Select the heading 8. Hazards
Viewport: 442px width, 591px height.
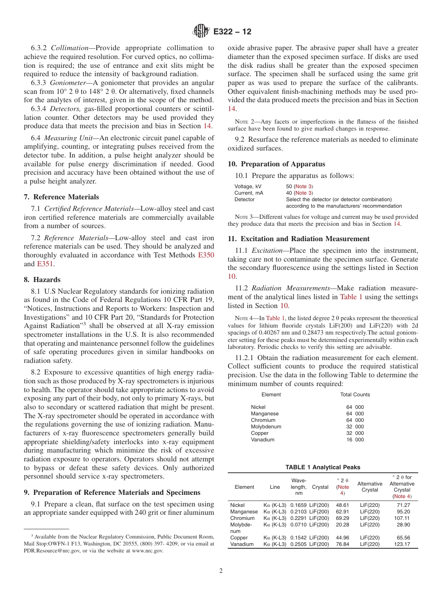pyautogui.click(x=47, y=280)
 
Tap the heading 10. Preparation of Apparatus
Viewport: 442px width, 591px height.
pyautogui.click(x=276, y=164)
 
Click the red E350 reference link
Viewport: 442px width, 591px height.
pyautogui.click(x=206, y=255)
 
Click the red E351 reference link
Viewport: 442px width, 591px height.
pyautogui.click(x=45, y=264)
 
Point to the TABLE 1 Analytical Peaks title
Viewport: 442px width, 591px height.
pyautogui.click(x=322, y=467)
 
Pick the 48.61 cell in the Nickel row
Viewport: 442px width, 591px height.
pyautogui.click(x=342, y=505)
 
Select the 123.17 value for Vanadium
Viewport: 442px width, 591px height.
pyautogui.click(x=402, y=544)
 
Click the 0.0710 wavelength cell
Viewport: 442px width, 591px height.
pyautogui.click(x=299, y=525)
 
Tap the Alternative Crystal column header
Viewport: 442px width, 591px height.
pyautogui.click(x=369, y=486)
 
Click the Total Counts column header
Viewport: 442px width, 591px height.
pyautogui.click(x=355, y=394)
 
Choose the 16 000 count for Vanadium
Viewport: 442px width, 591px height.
pyautogui.click(x=355, y=440)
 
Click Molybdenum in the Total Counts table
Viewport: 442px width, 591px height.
pyautogui.click(x=266, y=427)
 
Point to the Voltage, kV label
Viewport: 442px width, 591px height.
pyautogui.click(x=248, y=186)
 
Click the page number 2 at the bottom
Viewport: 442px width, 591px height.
pyautogui.click(x=221, y=571)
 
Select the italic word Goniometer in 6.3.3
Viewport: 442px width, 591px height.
pyautogui.click(x=67, y=91)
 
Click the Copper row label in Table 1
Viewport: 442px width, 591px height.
pyautogui.click(x=239, y=538)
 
